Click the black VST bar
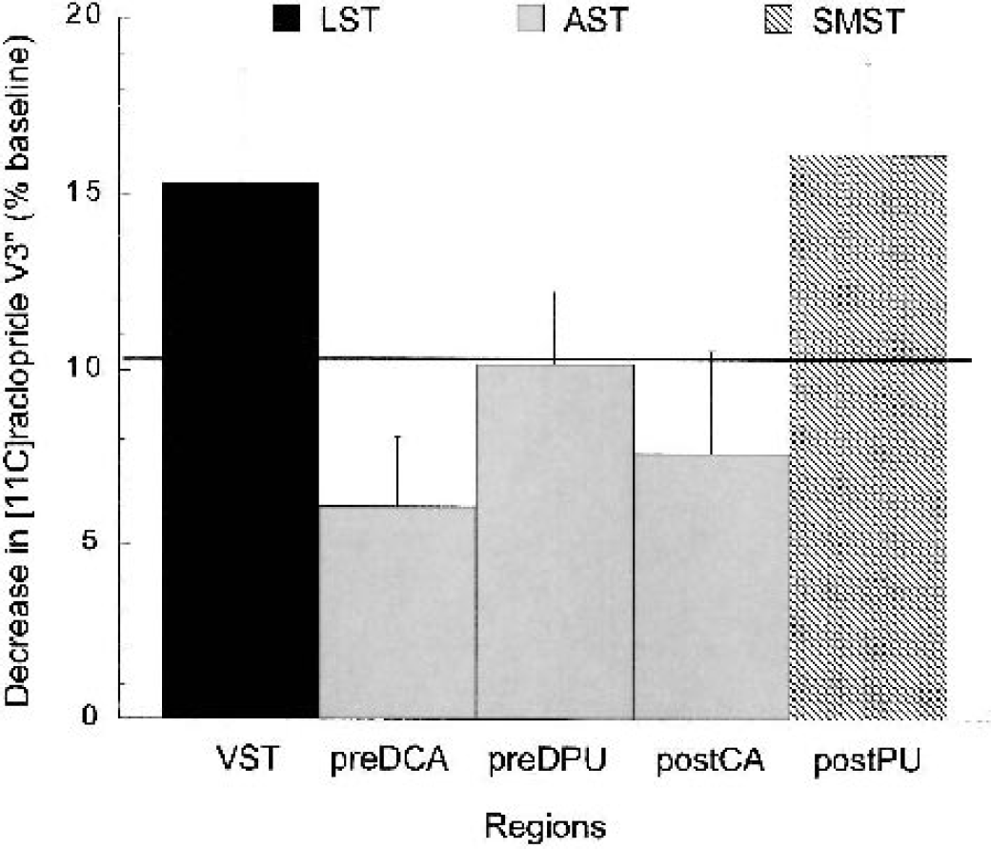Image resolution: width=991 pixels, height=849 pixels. [240, 448]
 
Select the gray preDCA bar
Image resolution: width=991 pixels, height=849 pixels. [397, 610]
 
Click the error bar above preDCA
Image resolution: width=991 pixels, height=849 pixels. [397, 471]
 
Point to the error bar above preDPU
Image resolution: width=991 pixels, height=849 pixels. [555, 328]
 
